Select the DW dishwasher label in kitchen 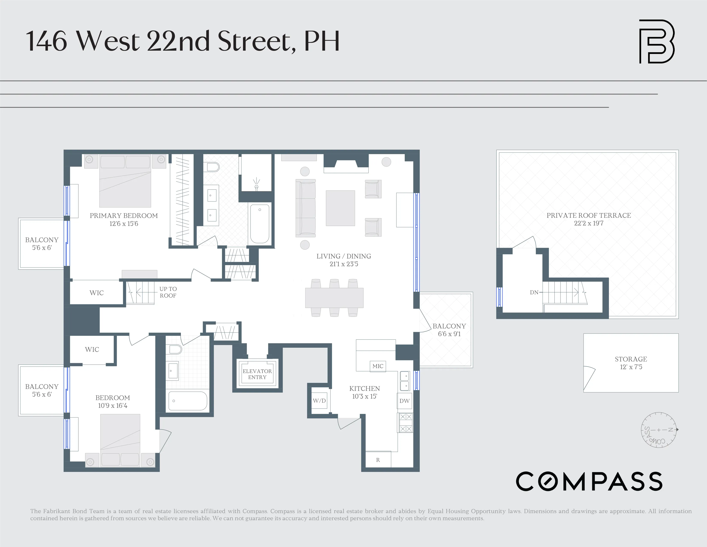[x=404, y=401]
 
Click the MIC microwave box [x=377, y=366]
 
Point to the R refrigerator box [x=378, y=460]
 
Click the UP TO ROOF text [x=168, y=292]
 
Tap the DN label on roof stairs [x=534, y=292]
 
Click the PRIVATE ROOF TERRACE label [x=589, y=216]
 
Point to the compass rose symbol [x=659, y=430]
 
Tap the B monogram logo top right [x=656, y=41]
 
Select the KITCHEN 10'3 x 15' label [x=364, y=392]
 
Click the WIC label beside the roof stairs [x=96, y=293]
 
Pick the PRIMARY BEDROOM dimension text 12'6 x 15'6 [x=124, y=224]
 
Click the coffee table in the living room [x=340, y=208]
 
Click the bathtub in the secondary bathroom [x=187, y=401]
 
